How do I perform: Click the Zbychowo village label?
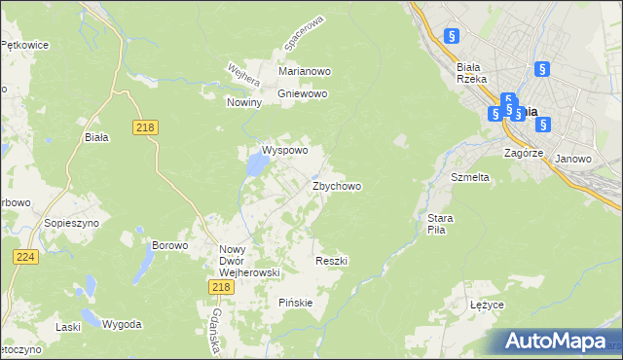pos(337,186)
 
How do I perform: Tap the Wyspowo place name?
pos(284,151)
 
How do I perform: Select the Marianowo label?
pos(305,72)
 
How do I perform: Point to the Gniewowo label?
pos(303,93)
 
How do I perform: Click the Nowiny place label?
pos(244,102)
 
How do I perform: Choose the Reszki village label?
pos(332,261)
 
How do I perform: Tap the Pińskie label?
pos(295,302)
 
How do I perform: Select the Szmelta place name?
pos(469,178)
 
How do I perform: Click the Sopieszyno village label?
pos(67,223)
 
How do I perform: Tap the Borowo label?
pos(168,245)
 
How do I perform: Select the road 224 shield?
pos(25,257)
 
